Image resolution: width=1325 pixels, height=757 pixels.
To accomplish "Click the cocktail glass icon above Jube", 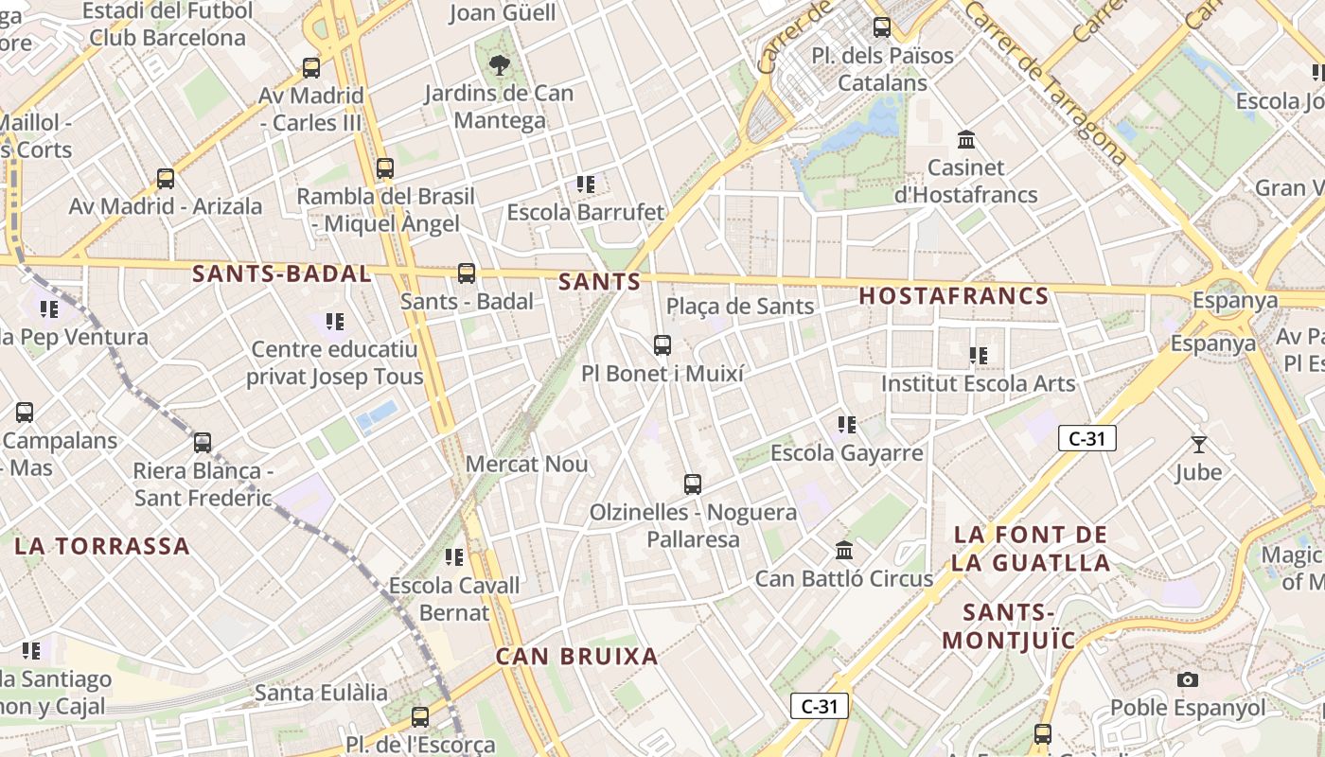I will pos(1199,444).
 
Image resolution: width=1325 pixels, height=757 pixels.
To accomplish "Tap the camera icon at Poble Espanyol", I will pos(1187,679).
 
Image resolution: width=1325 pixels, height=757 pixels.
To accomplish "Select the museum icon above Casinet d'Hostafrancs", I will pos(966,140).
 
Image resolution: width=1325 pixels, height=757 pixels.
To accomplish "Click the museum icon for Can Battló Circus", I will pos(844,550).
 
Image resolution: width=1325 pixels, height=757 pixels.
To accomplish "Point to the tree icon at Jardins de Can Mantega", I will pos(499,65).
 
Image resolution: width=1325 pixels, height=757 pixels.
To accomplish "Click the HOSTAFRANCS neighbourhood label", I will pos(954,296).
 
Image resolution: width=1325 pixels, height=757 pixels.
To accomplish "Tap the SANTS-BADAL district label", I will pos(282,274).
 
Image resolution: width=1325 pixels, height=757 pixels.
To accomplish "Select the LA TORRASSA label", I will pos(102,546).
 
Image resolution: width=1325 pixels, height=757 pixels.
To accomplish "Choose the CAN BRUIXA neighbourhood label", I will pos(577,657).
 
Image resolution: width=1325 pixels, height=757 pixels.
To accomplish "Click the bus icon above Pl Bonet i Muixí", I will pos(662,345).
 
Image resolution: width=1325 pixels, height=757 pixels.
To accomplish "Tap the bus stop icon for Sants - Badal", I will pos(467,273).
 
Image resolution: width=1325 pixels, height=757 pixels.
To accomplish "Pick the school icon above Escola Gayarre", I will pos(847,425).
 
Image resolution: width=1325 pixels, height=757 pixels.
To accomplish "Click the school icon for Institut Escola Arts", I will pos(979,356).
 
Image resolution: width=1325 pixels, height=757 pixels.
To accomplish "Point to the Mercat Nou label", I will pos(527,465).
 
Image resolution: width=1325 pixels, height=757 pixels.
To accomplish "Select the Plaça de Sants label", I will pos(740,307).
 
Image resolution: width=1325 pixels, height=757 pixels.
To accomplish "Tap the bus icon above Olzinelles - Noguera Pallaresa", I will pos(693,484).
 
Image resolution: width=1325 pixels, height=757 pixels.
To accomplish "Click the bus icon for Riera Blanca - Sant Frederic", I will pos(203,442).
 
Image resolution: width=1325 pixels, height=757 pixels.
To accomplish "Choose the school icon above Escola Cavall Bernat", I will pos(454,557).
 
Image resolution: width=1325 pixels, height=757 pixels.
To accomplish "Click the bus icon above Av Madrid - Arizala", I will pos(166,178).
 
